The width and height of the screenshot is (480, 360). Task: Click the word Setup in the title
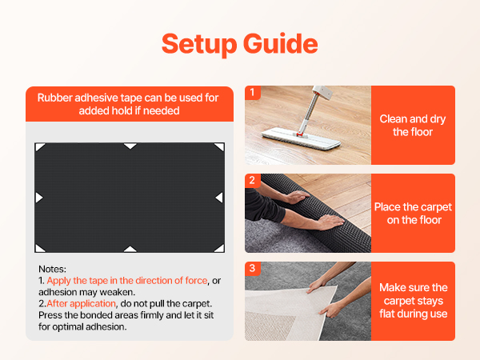tap(199, 44)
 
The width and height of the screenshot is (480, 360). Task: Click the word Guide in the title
tap(281, 43)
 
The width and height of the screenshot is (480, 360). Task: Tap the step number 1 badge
tap(253, 92)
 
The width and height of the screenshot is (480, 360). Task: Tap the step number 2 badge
tap(253, 180)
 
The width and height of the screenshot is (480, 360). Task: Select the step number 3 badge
tap(253, 269)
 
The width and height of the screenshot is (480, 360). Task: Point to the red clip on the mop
tap(300, 134)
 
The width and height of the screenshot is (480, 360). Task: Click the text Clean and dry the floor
tap(413, 126)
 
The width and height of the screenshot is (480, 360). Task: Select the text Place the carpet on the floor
tap(414, 214)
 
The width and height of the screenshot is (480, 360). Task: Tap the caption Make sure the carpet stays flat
tap(414, 301)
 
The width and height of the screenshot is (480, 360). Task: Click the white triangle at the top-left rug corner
tap(39, 146)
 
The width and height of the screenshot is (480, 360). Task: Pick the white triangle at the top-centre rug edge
tap(130, 146)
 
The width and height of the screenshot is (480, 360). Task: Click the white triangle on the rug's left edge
tap(38, 198)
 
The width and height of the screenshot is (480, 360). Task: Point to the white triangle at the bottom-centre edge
tap(130, 249)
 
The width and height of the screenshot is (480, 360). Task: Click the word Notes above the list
tap(52, 269)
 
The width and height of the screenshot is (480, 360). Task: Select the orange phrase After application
tap(81, 304)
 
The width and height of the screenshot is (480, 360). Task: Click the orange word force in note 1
tap(196, 281)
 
